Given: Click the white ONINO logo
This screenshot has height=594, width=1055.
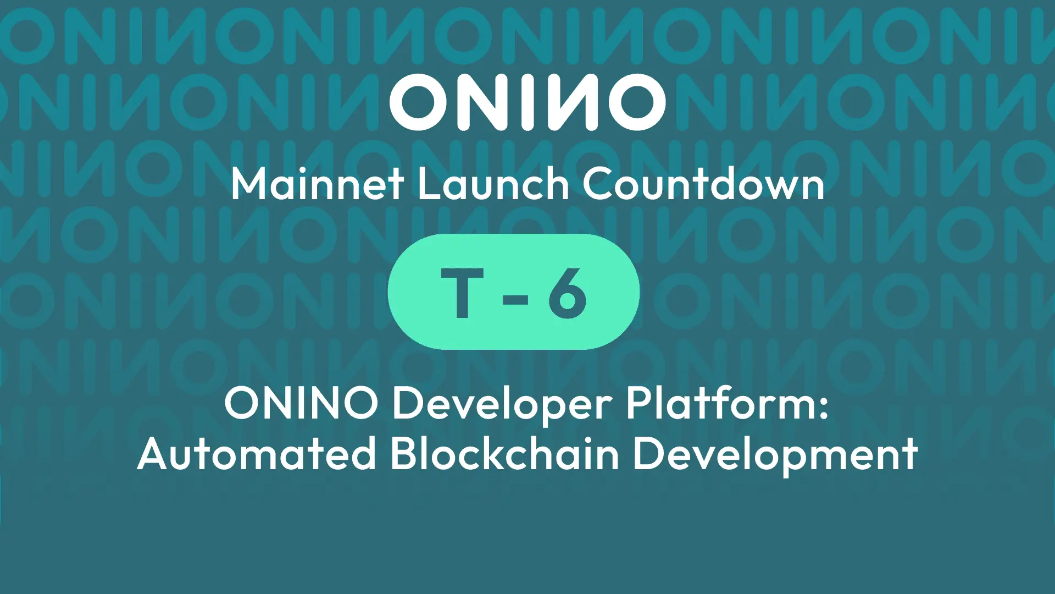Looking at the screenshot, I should click(527, 102).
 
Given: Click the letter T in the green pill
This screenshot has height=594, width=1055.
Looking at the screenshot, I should click(463, 293).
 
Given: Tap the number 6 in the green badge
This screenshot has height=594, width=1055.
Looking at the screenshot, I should click(567, 293).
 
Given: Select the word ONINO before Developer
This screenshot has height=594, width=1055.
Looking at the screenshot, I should click(301, 403).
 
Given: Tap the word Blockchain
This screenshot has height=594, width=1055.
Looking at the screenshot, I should click(504, 454).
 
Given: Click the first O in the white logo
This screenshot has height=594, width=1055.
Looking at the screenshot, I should click(419, 102).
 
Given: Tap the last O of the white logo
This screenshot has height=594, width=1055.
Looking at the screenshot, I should click(636, 102).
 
